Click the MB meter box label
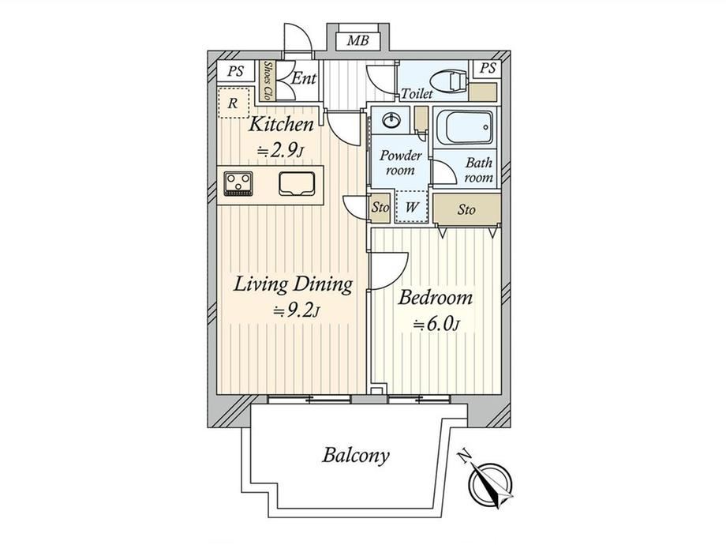(358, 41)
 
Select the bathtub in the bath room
(464, 126)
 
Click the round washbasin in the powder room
(391, 122)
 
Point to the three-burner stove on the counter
(238, 182)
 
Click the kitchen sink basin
(297, 183)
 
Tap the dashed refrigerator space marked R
(234, 103)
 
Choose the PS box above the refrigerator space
(236, 71)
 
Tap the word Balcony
(356, 456)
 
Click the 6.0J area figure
(436, 325)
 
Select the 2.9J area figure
(280, 151)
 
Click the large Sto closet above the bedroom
(466, 209)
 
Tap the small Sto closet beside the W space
(380, 207)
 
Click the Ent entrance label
(303, 78)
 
